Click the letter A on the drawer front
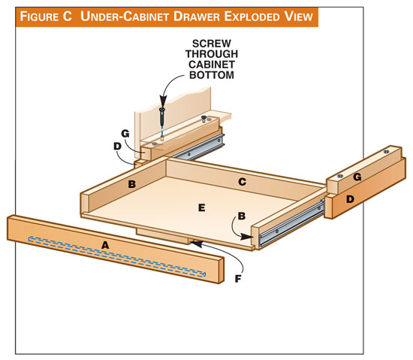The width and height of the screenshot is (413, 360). [x=105, y=245]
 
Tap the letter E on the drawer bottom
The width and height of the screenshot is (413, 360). [x=201, y=208]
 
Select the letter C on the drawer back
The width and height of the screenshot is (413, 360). [x=242, y=182]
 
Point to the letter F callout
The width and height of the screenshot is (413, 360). [x=238, y=279]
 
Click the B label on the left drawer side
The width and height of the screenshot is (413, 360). [x=132, y=184]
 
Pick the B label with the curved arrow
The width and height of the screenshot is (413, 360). [x=242, y=216]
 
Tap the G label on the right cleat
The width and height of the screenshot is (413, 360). [x=357, y=177]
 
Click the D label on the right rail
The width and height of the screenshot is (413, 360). [x=350, y=199]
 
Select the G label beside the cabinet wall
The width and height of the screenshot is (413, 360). [x=125, y=134]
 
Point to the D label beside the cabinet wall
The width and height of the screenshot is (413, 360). [x=117, y=146]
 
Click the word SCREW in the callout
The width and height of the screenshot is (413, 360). [x=212, y=44]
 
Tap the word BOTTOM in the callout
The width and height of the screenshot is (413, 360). [x=212, y=75]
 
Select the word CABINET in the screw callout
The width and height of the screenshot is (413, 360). [x=212, y=65]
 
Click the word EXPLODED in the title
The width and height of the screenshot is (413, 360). [x=252, y=17]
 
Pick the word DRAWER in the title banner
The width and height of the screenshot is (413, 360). [x=196, y=17]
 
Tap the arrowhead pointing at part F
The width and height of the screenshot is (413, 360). [x=197, y=244]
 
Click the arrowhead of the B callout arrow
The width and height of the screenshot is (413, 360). [x=247, y=237]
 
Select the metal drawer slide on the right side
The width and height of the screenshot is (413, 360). [x=291, y=223]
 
